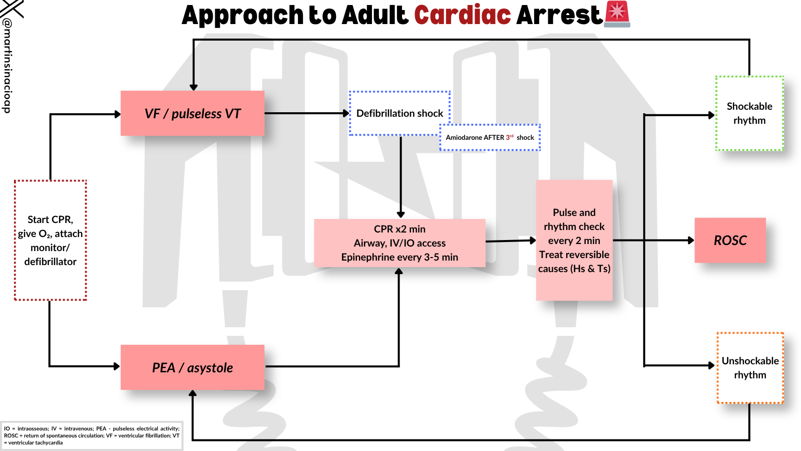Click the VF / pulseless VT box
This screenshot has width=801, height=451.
192,113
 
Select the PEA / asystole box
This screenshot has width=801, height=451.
192,367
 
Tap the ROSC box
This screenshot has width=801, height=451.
730,241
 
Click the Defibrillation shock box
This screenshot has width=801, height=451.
399,113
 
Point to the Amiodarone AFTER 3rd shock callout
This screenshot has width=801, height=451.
490,137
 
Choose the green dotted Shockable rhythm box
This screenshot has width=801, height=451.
749,113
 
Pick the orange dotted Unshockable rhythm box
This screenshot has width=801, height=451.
750,368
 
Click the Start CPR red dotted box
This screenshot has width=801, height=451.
51,241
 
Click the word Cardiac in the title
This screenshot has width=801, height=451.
462,15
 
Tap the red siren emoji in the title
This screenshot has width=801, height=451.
617,14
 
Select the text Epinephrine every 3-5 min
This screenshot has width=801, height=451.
399,257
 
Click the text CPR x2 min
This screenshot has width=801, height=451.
399,229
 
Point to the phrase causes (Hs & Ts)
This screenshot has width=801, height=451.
574,269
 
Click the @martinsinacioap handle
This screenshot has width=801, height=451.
7,65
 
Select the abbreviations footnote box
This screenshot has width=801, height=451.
92,435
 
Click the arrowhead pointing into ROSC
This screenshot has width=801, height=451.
691,241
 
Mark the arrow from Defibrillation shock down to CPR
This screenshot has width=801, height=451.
400,175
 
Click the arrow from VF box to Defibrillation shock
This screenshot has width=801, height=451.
305,113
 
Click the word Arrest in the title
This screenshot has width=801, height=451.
559,15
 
